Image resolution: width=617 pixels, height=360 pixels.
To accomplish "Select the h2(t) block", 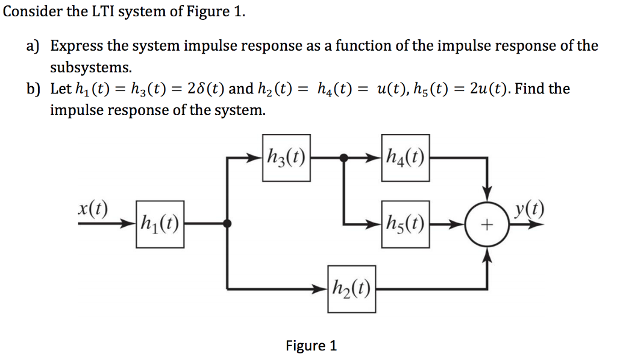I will [352, 289].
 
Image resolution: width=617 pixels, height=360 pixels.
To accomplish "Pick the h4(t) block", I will [406, 158].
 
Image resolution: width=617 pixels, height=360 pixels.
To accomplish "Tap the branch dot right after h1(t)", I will [227, 224].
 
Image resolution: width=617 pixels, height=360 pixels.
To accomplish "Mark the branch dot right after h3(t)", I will [343, 158].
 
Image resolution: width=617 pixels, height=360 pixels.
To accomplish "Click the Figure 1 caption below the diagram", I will [311, 346].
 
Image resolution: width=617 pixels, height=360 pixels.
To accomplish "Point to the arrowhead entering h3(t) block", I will [255, 159].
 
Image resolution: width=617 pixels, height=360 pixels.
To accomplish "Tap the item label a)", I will [32, 46].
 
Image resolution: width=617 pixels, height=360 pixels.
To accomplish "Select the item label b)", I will [32, 89].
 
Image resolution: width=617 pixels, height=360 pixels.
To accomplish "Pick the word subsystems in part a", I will [90, 66].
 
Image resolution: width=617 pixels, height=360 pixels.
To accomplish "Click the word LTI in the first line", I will [104, 12].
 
